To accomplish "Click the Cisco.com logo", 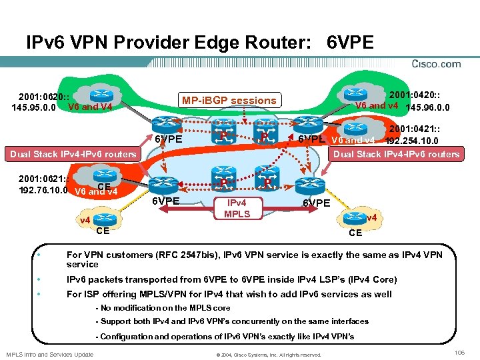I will coord(436,64).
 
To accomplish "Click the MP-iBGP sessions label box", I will coord(228,100).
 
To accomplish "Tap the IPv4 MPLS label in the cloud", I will coord(237,209).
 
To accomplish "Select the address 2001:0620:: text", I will coord(41,95).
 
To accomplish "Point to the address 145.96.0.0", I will coord(427,107).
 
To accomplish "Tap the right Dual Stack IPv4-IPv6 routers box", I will coord(396,154).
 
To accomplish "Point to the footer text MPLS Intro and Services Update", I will coord(49,354).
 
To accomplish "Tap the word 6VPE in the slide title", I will coord(351,43).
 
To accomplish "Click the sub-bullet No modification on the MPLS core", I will coord(163,308).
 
